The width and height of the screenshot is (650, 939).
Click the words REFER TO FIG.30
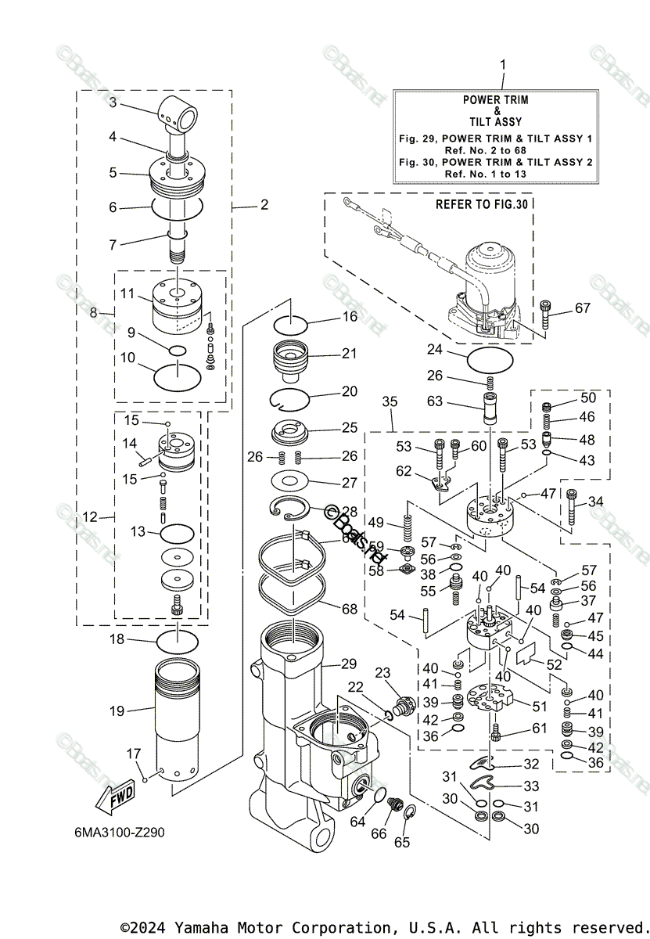point(482,204)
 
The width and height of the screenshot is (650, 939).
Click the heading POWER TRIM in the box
point(495,100)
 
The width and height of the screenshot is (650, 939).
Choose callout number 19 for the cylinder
point(117,711)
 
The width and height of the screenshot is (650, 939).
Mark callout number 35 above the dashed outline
point(390,401)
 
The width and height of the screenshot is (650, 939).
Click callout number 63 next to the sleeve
point(435,401)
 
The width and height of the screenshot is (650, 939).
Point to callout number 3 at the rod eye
point(113,103)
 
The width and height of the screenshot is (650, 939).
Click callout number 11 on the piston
point(127,293)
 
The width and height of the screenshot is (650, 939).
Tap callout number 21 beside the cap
point(349,354)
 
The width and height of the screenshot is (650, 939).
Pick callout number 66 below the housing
point(378,834)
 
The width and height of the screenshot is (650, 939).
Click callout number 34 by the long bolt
point(596,502)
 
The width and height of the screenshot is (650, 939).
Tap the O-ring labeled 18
point(178,642)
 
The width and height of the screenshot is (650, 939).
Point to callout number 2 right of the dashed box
point(264,205)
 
